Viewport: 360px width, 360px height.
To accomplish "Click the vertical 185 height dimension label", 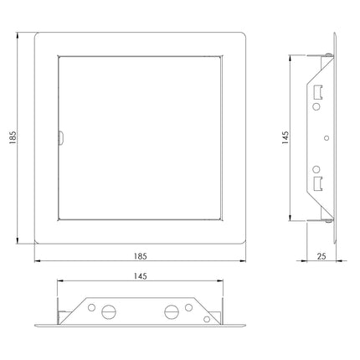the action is click(13, 137).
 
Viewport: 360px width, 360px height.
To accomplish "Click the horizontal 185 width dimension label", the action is click(140, 256).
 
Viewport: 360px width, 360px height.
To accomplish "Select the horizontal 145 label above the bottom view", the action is click(140, 276).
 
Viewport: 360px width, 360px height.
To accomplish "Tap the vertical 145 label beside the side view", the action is click(285, 137).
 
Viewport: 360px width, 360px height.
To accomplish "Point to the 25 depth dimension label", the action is click(321, 256).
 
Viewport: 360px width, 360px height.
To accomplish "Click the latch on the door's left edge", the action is click(61, 138).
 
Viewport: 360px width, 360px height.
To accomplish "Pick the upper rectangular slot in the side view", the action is click(318, 92).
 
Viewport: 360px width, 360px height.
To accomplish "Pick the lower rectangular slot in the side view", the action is click(318, 183).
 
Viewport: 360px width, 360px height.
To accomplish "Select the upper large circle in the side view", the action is click(316, 106).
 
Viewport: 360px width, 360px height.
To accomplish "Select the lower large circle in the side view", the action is click(316, 169).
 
